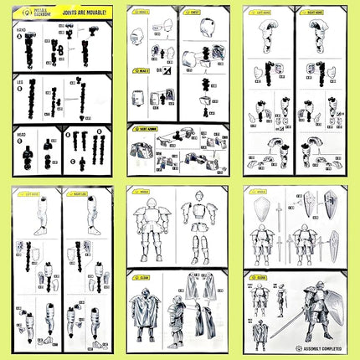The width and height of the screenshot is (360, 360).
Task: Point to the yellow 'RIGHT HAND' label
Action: (x=311, y=14)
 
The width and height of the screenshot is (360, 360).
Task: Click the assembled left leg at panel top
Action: (x=39, y=217)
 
